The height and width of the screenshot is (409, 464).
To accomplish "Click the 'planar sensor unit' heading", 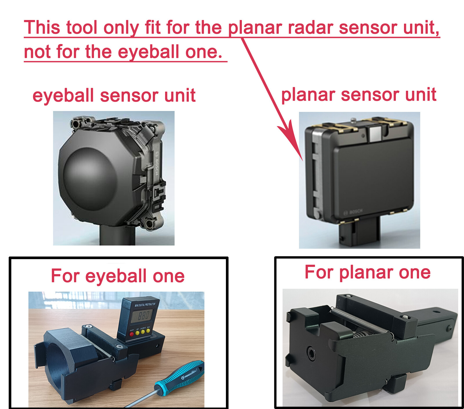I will coord(359,94).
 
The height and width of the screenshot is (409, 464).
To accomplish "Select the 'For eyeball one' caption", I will coord(118,276).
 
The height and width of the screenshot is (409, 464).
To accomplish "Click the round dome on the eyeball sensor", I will coord(90,178).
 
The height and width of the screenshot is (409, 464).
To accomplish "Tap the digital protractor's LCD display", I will coord(142,316).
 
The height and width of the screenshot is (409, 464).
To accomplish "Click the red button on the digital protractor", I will coord(132,334).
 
